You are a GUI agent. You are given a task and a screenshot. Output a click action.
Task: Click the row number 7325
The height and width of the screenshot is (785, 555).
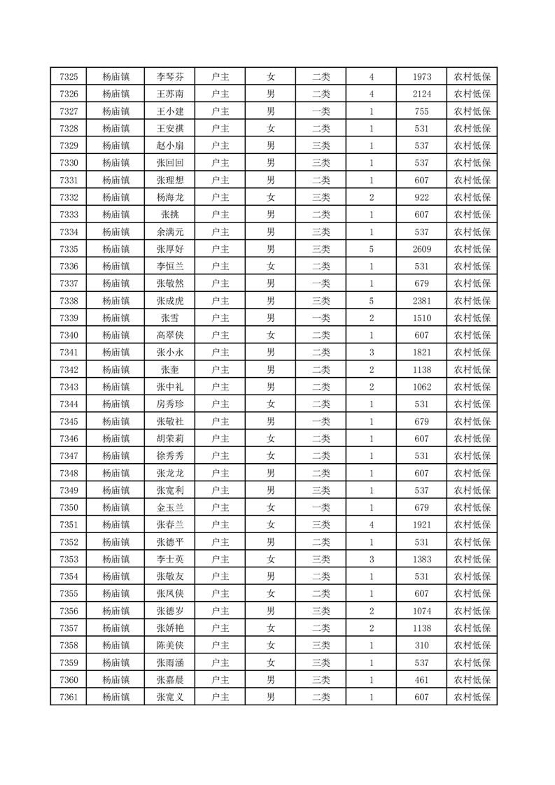pos(69,77)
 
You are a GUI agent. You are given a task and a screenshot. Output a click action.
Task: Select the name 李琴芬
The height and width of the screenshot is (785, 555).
pos(170,77)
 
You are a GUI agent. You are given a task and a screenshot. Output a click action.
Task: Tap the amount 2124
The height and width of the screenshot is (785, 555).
pos(421,94)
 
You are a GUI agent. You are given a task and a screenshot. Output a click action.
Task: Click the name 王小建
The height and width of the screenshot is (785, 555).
pos(170,111)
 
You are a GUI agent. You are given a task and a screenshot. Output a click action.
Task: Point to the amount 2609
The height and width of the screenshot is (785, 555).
pos(421,249)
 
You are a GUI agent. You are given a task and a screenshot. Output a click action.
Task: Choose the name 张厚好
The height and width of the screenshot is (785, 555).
pos(170,249)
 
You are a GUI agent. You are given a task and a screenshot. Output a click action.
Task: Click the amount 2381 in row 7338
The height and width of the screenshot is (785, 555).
pos(421,301)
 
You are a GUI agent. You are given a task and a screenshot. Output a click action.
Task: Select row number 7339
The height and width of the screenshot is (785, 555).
pos(69,318)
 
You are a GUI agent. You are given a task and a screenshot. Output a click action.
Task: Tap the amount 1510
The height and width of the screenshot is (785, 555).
pos(421,318)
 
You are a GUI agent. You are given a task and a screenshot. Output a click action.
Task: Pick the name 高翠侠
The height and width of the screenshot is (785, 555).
pos(170,335)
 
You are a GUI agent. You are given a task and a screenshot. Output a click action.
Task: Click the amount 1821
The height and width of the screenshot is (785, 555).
pos(421,353)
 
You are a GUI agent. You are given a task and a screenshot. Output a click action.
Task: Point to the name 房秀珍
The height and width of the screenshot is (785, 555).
pos(170,404)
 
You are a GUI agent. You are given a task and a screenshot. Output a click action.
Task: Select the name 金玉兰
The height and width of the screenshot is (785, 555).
pos(170,507)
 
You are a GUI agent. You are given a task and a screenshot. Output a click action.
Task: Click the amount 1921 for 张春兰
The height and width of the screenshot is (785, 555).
pos(421,525)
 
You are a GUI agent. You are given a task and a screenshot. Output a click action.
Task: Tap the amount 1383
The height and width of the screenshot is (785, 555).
pos(421,559)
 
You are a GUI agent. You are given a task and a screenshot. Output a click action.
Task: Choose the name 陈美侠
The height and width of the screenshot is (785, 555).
pos(170,645)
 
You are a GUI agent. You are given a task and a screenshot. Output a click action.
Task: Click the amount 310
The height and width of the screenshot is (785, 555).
pos(421,645)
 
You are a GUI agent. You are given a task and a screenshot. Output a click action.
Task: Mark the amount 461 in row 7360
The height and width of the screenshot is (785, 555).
pos(421,680)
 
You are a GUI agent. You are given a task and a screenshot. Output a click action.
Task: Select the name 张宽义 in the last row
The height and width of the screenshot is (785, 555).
pos(170,697)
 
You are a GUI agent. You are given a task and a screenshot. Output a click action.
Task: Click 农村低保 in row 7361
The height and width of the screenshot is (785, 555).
pos(472,697)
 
